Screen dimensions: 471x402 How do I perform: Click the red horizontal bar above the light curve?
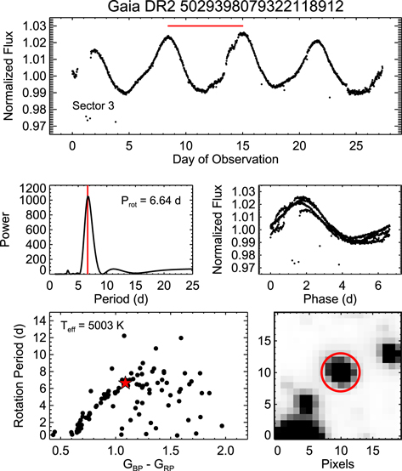[205, 26]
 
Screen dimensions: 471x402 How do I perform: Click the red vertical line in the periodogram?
[87, 230]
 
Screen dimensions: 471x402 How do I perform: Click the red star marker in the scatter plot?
[126, 383]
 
